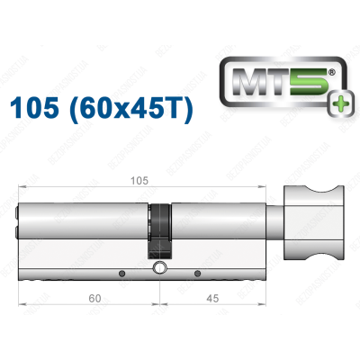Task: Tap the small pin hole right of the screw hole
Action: click(198, 271)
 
